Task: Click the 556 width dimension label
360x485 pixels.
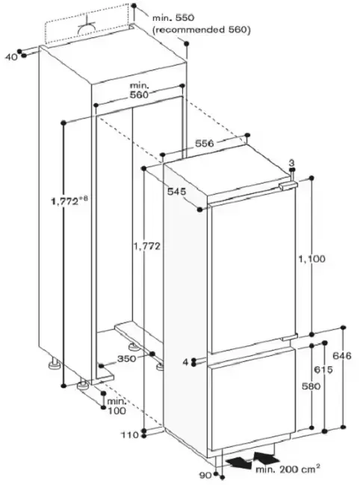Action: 205,143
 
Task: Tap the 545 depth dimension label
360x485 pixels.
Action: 177,192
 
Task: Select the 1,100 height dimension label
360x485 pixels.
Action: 312,258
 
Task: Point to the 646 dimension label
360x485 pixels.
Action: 342,356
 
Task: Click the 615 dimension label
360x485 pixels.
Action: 323,369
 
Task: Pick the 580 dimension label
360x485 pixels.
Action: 311,386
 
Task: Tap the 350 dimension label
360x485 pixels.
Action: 127,359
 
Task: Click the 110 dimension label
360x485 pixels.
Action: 130,435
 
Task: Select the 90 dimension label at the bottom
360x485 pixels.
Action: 205,475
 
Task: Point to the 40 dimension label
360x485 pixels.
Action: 12,57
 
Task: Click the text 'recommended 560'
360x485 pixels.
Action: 202,30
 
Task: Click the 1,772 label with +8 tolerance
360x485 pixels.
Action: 69,201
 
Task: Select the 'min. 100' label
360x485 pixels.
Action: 117,406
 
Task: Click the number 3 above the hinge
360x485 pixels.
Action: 291,163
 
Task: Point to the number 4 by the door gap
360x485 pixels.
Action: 185,362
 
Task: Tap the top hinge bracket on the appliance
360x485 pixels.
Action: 288,186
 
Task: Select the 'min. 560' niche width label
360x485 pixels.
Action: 139,90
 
